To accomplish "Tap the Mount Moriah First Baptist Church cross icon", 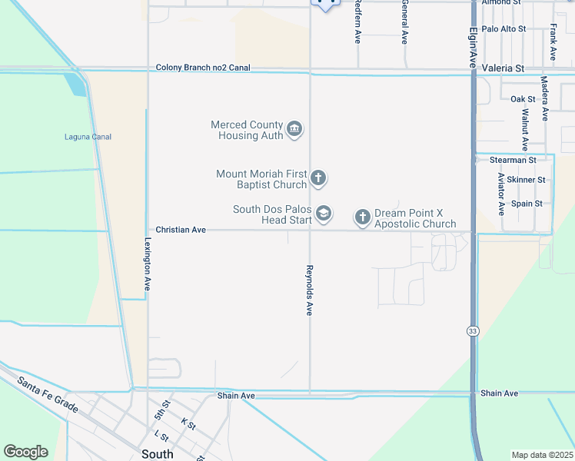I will (318, 180).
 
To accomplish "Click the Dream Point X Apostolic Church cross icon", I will (363, 218).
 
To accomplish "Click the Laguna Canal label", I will (88, 137).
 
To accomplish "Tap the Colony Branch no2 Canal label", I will (204, 68).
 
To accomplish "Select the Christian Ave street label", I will (181, 230).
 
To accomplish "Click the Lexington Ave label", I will (146, 263).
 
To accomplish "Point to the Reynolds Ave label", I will (309, 290).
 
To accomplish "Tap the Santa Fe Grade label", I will (48, 394).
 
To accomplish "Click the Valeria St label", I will (503, 68).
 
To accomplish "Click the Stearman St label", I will (513, 160).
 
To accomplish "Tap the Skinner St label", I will (530, 180).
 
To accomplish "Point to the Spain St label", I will (527, 204).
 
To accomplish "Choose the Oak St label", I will (523, 99).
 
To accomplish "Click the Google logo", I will (25, 452).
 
